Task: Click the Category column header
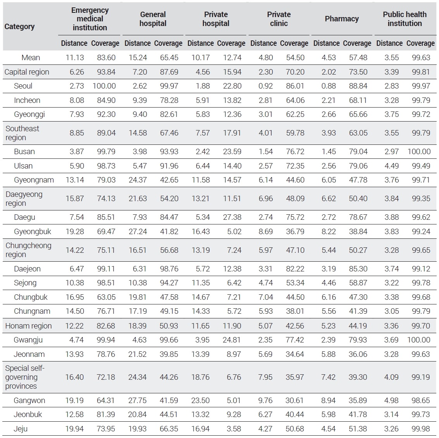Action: [20, 27]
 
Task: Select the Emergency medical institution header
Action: [90, 19]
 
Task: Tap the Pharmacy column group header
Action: [342, 19]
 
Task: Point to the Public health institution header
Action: [405, 19]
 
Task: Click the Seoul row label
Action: [23, 86]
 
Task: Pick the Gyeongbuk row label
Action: [33, 231]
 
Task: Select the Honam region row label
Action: [29, 326]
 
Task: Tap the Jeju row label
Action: [21, 429]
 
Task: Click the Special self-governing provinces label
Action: [25, 377]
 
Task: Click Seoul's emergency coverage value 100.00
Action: [104, 86]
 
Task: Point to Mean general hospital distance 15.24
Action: [138, 57]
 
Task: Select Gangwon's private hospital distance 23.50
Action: [200, 400]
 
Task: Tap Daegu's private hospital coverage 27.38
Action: [232, 217]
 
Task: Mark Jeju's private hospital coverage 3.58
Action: [234, 429]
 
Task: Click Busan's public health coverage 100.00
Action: [419, 151]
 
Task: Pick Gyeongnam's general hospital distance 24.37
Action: [138, 180]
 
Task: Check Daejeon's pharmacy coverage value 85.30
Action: [358, 269]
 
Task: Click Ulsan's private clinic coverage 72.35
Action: [295, 166]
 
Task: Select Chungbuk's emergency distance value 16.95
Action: [75, 297]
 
